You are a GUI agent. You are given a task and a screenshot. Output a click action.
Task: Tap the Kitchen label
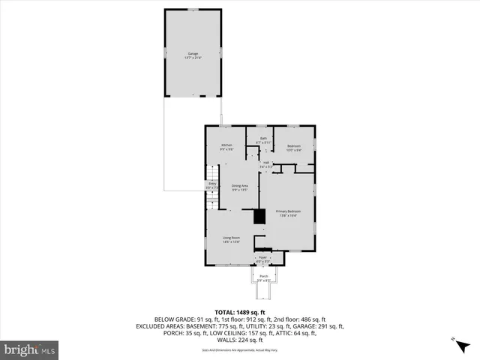click(226, 145)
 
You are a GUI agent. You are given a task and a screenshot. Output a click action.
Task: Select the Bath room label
click(263, 139)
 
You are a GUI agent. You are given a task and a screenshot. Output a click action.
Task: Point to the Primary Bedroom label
click(288, 212)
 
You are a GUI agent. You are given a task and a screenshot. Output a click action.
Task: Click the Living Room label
click(230, 238)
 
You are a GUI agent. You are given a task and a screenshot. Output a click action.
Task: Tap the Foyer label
click(263, 257)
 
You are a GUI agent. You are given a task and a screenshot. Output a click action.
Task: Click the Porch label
click(264, 277)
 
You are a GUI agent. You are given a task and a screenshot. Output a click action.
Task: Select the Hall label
click(265, 162)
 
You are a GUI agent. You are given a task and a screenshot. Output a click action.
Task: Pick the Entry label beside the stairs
click(212, 184)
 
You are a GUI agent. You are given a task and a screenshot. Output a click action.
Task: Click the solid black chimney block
click(259, 217)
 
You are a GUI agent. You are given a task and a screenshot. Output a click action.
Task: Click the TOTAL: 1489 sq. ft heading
click(239, 312)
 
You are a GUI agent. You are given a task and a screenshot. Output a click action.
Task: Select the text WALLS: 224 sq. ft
click(239, 340)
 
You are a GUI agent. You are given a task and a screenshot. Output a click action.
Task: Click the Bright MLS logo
click(30, 349)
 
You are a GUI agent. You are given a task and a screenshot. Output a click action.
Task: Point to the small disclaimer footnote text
click(240, 350)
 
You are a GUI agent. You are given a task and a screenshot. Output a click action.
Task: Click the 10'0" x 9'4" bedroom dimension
click(293, 150)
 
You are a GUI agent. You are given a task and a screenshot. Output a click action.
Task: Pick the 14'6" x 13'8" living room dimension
click(230, 242)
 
